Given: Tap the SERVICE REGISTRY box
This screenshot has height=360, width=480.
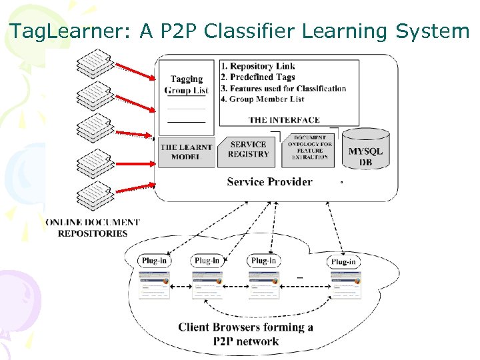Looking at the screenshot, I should pos(248,149).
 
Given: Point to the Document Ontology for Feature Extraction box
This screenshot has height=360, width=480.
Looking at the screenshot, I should pos(309,148).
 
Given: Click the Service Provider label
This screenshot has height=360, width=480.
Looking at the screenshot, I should pos(269,181).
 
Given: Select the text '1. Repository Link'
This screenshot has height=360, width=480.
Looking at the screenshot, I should pos(257,66).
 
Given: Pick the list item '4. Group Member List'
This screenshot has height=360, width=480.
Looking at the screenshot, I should pos(262,99).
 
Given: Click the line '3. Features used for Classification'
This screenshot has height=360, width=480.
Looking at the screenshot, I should pos(283,88).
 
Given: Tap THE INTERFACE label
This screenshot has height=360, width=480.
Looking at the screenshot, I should pos(284,120).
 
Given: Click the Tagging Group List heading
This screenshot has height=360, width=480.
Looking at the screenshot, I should pos(187,85).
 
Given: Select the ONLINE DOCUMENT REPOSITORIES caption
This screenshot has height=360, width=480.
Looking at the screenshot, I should pos(93,228).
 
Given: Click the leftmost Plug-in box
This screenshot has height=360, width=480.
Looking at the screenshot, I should pos(154,261).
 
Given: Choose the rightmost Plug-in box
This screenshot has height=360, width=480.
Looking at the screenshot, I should pos(343,261).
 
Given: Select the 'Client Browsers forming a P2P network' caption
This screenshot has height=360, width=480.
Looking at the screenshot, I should pos(245,334).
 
